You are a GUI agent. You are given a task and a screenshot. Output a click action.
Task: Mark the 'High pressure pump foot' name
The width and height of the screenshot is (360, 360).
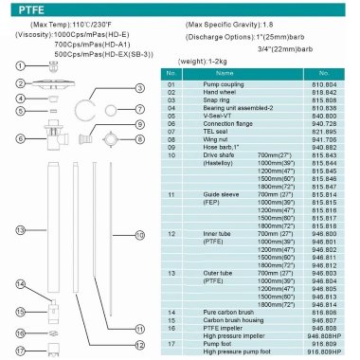[x=224, y=351]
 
